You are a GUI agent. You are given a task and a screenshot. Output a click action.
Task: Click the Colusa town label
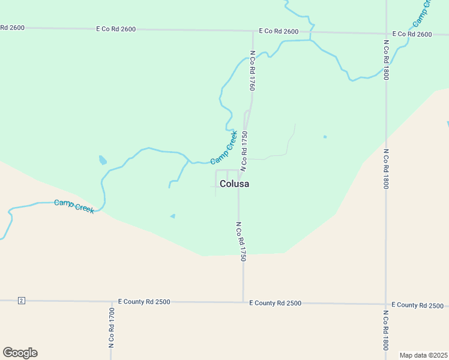[234, 184]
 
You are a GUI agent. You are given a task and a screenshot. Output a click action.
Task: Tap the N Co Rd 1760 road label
[253, 71]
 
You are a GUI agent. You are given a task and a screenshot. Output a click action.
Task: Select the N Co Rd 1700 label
[112, 328]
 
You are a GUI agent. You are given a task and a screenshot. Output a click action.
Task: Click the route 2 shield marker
[21, 300]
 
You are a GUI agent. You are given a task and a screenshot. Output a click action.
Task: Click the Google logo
[20, 353]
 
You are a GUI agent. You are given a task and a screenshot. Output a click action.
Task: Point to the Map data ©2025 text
[423, 355]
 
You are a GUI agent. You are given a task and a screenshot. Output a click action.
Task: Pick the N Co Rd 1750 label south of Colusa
[241, 241]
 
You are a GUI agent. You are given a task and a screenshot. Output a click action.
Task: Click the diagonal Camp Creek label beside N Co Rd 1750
[224, 148]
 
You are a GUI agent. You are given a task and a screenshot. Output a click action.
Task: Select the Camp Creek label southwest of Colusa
[74, 206]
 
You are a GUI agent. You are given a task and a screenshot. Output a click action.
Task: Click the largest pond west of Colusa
[103, 160]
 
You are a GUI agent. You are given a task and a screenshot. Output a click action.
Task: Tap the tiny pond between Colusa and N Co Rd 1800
[325, 137]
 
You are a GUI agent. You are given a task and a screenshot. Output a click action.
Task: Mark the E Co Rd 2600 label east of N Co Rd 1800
[412, 34]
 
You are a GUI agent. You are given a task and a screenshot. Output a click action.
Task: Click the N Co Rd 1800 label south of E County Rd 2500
[385, 330]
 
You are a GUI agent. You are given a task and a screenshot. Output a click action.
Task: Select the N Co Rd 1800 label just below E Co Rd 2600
[386, 60]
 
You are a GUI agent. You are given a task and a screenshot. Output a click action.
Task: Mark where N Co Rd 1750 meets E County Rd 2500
[243, 302]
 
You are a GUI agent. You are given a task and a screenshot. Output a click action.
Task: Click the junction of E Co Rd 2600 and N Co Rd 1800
[385, 34]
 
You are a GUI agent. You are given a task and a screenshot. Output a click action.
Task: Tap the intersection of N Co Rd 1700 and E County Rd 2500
[112, 301]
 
